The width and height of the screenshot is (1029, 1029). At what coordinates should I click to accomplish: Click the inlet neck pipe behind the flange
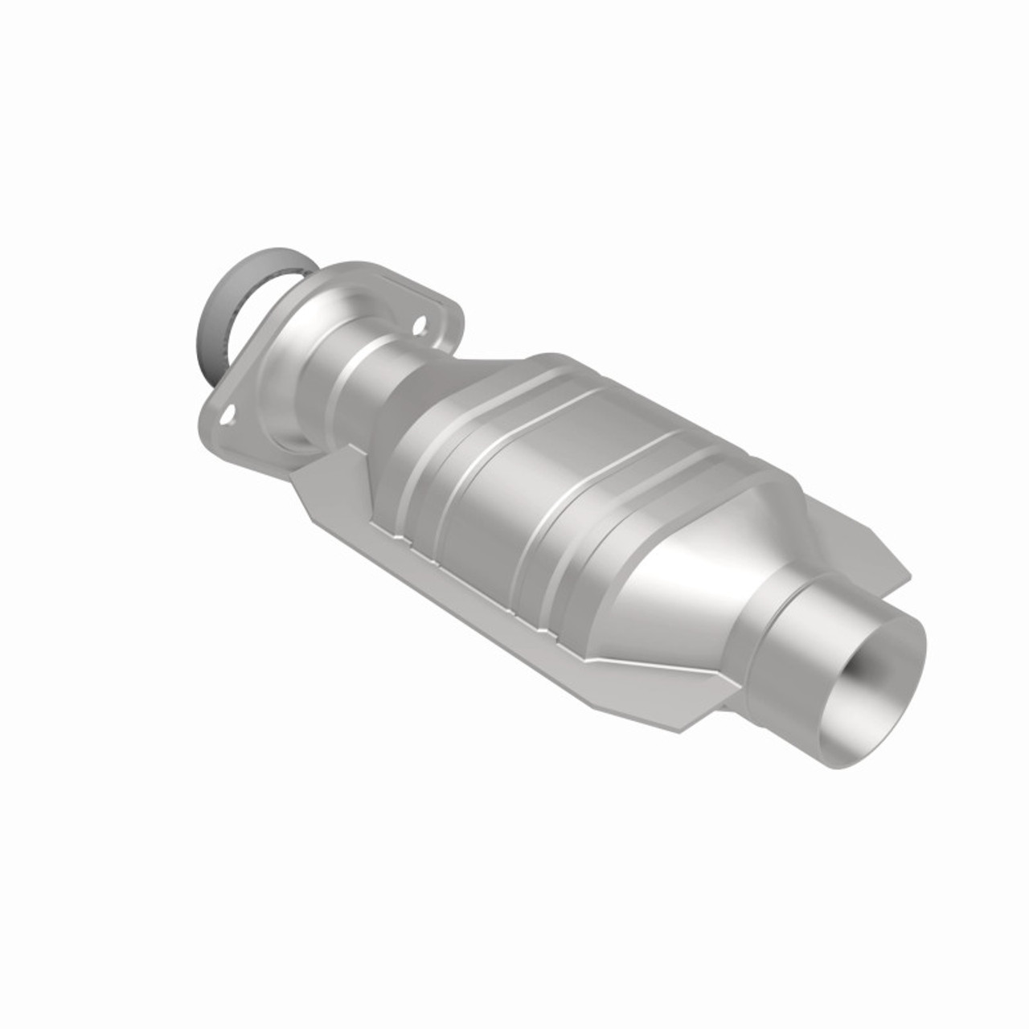tap(358, 386)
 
